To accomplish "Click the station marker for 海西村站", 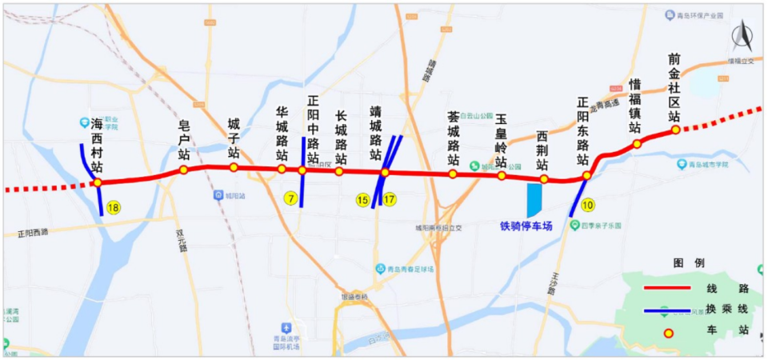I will tap(97, 182).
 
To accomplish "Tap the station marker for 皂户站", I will tap(183, 170).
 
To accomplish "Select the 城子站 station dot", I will tap(234, 167).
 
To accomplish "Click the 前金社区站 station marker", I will tap(675, 130).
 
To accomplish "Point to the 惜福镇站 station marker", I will tap(638, 144).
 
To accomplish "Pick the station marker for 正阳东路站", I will tap(586, 175).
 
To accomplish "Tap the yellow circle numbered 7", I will tap(290, 198).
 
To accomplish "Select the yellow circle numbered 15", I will tap(363, 199).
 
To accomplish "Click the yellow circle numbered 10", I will tap(588, 204).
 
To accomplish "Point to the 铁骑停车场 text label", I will tap(526, 226).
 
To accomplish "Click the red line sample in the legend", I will tap(667, 288).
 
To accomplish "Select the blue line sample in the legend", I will tap(667, 310).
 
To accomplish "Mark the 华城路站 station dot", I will tap(282, 169).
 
